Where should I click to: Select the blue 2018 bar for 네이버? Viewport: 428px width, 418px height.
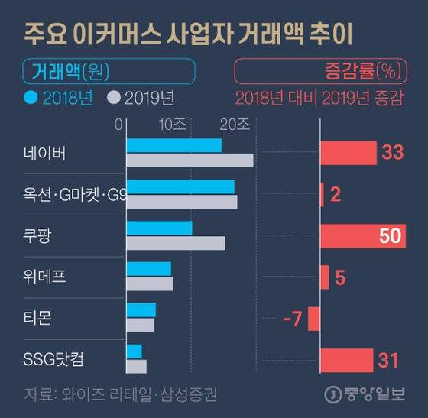173,145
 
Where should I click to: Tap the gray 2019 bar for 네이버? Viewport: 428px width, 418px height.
189,160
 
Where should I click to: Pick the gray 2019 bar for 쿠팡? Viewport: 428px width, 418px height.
175,242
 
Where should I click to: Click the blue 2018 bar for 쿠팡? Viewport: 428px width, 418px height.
159,228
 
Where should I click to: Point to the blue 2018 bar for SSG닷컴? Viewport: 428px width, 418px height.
134,351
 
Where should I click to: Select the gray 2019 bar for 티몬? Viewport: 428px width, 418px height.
140,325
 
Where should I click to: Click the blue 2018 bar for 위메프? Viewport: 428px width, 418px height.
148,269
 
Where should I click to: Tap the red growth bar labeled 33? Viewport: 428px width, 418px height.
348,153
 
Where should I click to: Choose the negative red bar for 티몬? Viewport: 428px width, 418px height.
314,319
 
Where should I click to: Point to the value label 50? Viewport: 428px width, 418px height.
390,236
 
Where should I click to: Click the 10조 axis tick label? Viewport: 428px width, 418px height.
171,124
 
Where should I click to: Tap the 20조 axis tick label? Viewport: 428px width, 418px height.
233,124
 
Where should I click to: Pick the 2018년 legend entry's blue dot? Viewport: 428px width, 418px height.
31,98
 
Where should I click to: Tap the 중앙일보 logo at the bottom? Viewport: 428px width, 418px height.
368,394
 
